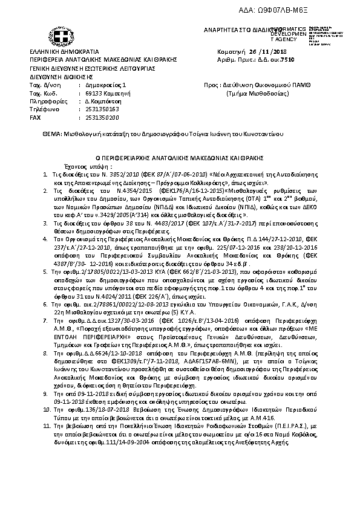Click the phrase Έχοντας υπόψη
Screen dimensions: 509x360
[x=80, y=165]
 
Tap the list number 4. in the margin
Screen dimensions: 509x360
[x=45, y=239]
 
